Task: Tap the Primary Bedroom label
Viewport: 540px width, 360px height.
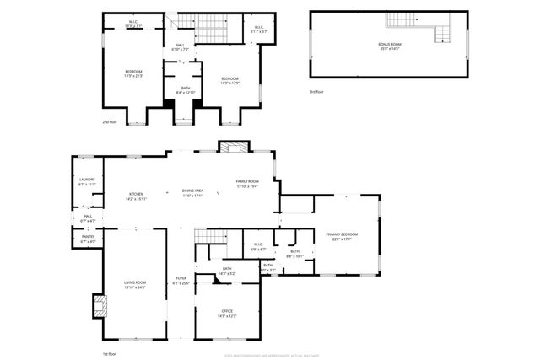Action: click(x=342, y=236)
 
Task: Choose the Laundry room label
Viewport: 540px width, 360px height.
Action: click(x=87, y=181)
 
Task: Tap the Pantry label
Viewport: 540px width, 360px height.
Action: click(x=88, y=239)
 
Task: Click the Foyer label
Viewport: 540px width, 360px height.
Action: click(x=181, y=280)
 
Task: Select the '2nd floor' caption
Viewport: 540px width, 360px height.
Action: click(x=110, y=123)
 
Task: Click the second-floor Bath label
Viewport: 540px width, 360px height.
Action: click(x=184, y=89)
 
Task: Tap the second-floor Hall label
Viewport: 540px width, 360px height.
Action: click(x=180, y=47)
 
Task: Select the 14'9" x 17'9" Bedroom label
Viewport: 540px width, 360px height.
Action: click(x=229, y=80)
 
